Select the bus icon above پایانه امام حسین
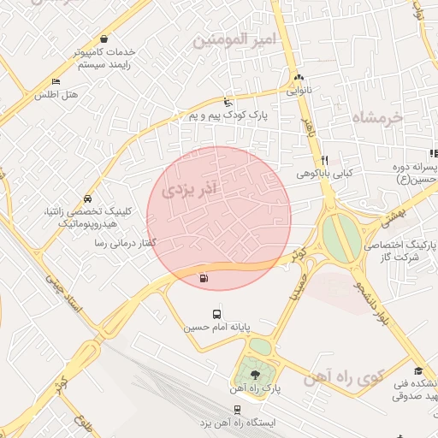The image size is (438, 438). (216, 314)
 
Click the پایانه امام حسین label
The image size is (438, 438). (216, 327)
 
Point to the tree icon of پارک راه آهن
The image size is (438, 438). (254, 374)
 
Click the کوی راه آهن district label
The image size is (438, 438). (370, 377)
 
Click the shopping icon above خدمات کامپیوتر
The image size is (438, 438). (104, 38)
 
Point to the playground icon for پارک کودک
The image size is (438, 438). (227, 100)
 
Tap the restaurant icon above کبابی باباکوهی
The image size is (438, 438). (324, 160)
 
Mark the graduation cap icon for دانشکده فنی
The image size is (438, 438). (417, 370)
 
